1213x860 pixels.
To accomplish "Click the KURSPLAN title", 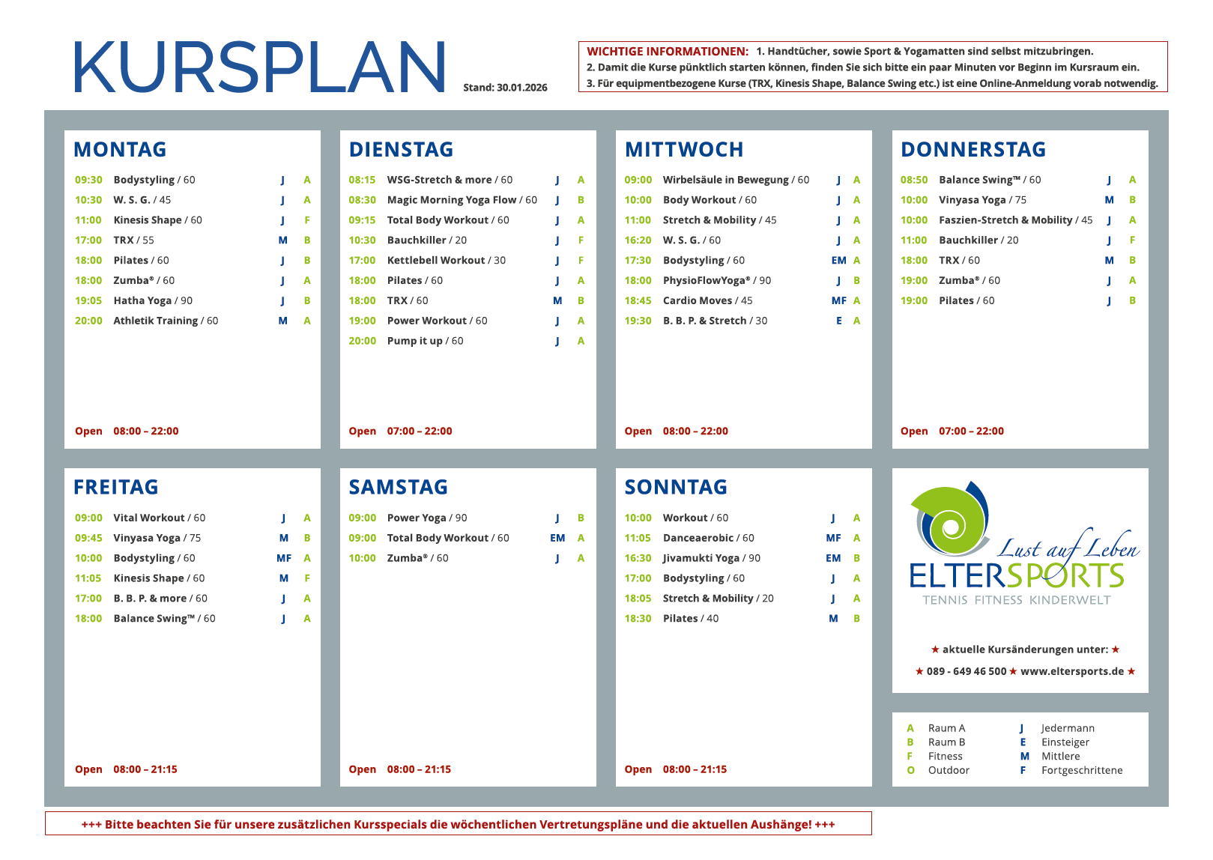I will click(259, 67).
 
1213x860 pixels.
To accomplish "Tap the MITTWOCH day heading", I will click(684, 150).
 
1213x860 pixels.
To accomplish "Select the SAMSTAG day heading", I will click(398, 488).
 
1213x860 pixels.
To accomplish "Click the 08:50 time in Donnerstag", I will click(914, 180).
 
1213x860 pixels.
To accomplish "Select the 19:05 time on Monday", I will click(88, 300).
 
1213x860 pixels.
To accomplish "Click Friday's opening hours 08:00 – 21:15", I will click(145, 769).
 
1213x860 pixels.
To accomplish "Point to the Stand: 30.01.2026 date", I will click(505, 88).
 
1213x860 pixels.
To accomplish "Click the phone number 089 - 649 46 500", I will click(967, 671).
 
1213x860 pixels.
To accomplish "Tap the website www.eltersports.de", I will click(1072, 671).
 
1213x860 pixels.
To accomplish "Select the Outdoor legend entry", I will click(949, 770).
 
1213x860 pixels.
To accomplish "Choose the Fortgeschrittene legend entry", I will click(1082, 770).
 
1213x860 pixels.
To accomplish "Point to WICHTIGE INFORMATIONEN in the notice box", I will click(668, 52).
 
